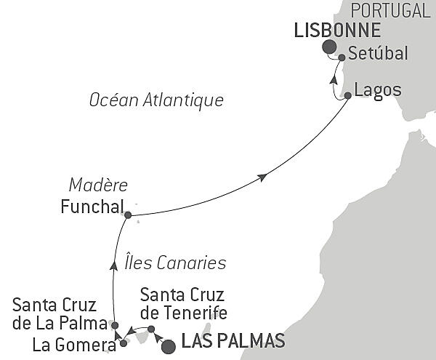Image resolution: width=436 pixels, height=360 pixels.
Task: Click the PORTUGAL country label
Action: point(390,10)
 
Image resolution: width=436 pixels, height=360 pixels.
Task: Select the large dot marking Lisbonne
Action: point(329,47)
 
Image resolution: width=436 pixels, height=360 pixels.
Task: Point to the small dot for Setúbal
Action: point(342,57)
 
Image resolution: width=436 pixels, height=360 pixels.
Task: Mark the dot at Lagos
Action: point(348,95)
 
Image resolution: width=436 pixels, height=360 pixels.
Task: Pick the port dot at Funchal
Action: point(128,215)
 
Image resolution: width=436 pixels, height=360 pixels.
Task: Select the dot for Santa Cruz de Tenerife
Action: point(150,329)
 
